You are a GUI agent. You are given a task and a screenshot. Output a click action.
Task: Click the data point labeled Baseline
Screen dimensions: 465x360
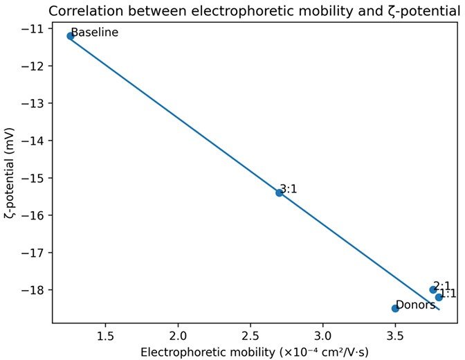[x=71, y=36]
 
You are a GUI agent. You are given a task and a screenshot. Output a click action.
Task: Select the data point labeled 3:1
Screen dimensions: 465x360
[x=279, y=193]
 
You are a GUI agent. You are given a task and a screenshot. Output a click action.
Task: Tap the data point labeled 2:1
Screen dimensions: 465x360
[x=433, y=289]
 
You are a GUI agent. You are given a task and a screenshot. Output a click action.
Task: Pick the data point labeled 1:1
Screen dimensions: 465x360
[x=439, y=297]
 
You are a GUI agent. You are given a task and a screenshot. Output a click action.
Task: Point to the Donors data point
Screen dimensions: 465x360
[x=395, y=308]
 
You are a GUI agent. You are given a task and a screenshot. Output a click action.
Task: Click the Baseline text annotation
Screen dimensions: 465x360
[x=95, y=32]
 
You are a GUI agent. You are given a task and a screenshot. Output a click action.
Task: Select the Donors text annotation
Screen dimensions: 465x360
[x=416, y=305]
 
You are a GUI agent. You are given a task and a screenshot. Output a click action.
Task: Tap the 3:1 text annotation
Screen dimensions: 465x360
[x=289, y=189]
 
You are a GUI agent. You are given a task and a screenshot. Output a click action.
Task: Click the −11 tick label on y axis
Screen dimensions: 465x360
[x=33, y=28]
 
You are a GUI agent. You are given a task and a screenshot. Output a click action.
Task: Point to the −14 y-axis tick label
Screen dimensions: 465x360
[x=33, y=141]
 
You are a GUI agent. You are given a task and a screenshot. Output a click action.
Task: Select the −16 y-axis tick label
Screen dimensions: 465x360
[x=33, y=215]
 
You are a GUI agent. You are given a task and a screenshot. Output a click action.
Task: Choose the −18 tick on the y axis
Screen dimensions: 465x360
[x=33, y=289]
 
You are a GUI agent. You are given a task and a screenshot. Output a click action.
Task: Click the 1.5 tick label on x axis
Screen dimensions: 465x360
[x=106, y=336]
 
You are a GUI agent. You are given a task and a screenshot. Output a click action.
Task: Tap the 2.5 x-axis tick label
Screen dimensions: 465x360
[x=250, y=336]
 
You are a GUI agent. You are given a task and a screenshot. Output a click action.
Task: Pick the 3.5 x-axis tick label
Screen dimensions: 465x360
[x=395, y=336]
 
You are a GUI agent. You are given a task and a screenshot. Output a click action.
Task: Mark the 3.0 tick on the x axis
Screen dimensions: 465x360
[x=322, y=336]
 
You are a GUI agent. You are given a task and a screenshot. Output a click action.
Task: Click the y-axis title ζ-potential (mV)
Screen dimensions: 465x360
[x=9, y=173]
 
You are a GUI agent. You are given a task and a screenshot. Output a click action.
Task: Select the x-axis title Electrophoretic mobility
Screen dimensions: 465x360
[x=208, y=352]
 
